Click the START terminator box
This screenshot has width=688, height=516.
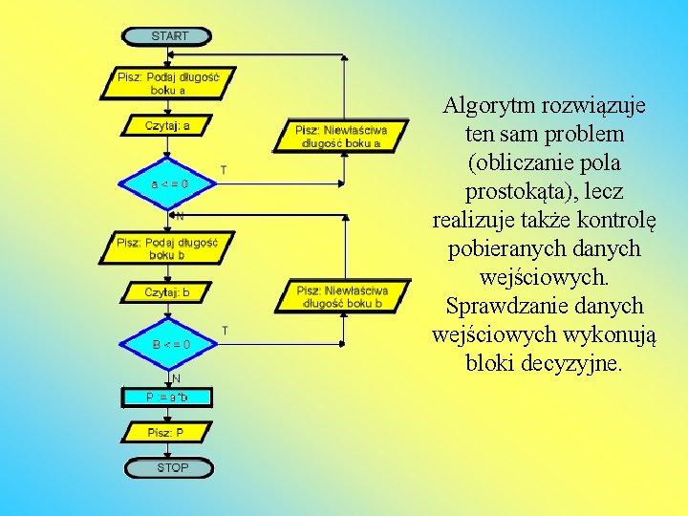point(168,36)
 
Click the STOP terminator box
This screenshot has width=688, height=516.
point(168,468)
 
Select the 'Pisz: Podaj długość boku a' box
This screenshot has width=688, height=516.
point(168,82)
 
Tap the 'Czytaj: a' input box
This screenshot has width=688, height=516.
point(168,125)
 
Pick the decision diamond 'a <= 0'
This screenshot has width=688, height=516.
point(168,183)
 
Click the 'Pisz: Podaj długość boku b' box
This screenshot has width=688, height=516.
point(168,247)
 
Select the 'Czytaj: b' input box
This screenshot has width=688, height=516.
point(168,293)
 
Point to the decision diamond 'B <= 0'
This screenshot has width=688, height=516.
point(168,343)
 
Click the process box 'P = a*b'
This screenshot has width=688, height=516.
point(168,397)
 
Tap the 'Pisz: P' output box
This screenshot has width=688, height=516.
point(168,433)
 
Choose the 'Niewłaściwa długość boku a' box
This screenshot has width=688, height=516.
point(342,135)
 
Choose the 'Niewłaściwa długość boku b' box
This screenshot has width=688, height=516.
point(342,296)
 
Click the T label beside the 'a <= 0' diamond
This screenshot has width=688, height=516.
point(224,169)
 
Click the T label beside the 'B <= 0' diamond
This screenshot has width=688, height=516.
point(225,330)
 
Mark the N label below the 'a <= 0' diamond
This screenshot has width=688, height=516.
point(179,216)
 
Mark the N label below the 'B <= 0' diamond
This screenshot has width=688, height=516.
point(177,378)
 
